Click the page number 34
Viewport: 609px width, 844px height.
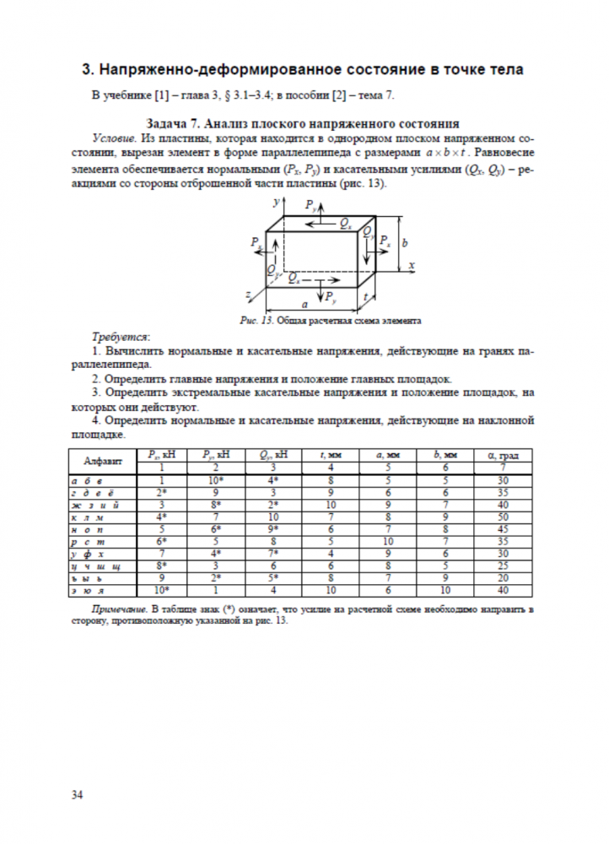[77, 794]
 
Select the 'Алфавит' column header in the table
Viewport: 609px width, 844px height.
[104, 461]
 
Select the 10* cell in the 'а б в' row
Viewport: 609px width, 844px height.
[217, 479]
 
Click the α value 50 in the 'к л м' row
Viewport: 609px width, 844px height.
[503, 516]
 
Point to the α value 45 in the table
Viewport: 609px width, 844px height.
[503, 528]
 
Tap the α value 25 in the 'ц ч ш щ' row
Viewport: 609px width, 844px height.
[503, 565]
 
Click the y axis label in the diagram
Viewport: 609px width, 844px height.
[276, 203]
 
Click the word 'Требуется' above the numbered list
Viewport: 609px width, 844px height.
[118, 335]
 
